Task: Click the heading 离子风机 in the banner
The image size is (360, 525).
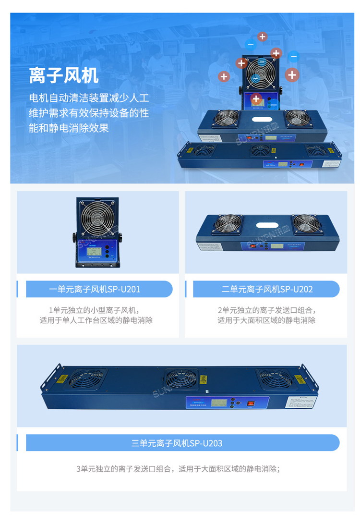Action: point(63,75)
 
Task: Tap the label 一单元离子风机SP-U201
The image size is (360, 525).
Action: point(95,289)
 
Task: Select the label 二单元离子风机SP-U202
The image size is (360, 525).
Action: point(267,289)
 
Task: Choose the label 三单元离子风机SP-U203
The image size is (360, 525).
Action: point(177,443)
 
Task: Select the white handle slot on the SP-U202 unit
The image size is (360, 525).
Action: point(268,225)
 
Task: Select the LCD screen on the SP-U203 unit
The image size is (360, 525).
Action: point(213,402)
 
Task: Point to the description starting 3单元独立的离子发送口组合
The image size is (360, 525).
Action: point(178,469)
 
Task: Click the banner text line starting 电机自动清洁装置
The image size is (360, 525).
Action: point(89,98)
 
